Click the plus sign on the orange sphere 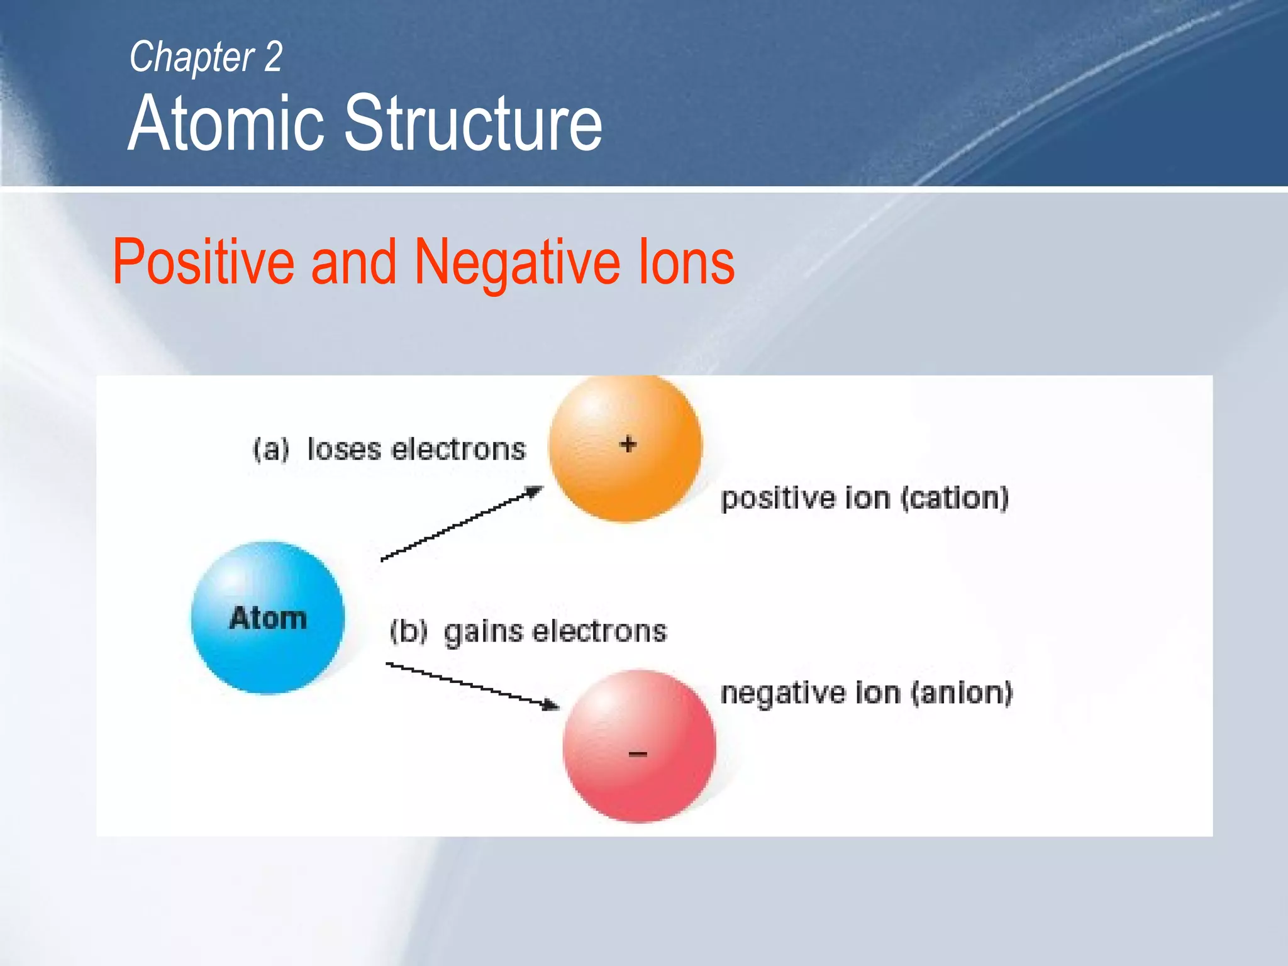[628, 445]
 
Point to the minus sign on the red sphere [638, 753]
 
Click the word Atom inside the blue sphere [268, 618]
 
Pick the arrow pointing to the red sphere [472, 685]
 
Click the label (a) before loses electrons [271, 450]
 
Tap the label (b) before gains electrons [409, 631]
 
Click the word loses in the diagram [344, 450]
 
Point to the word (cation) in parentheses [954, 498]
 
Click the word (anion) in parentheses [962, 693]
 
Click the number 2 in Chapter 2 [273, 57]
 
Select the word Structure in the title [473, 123]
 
